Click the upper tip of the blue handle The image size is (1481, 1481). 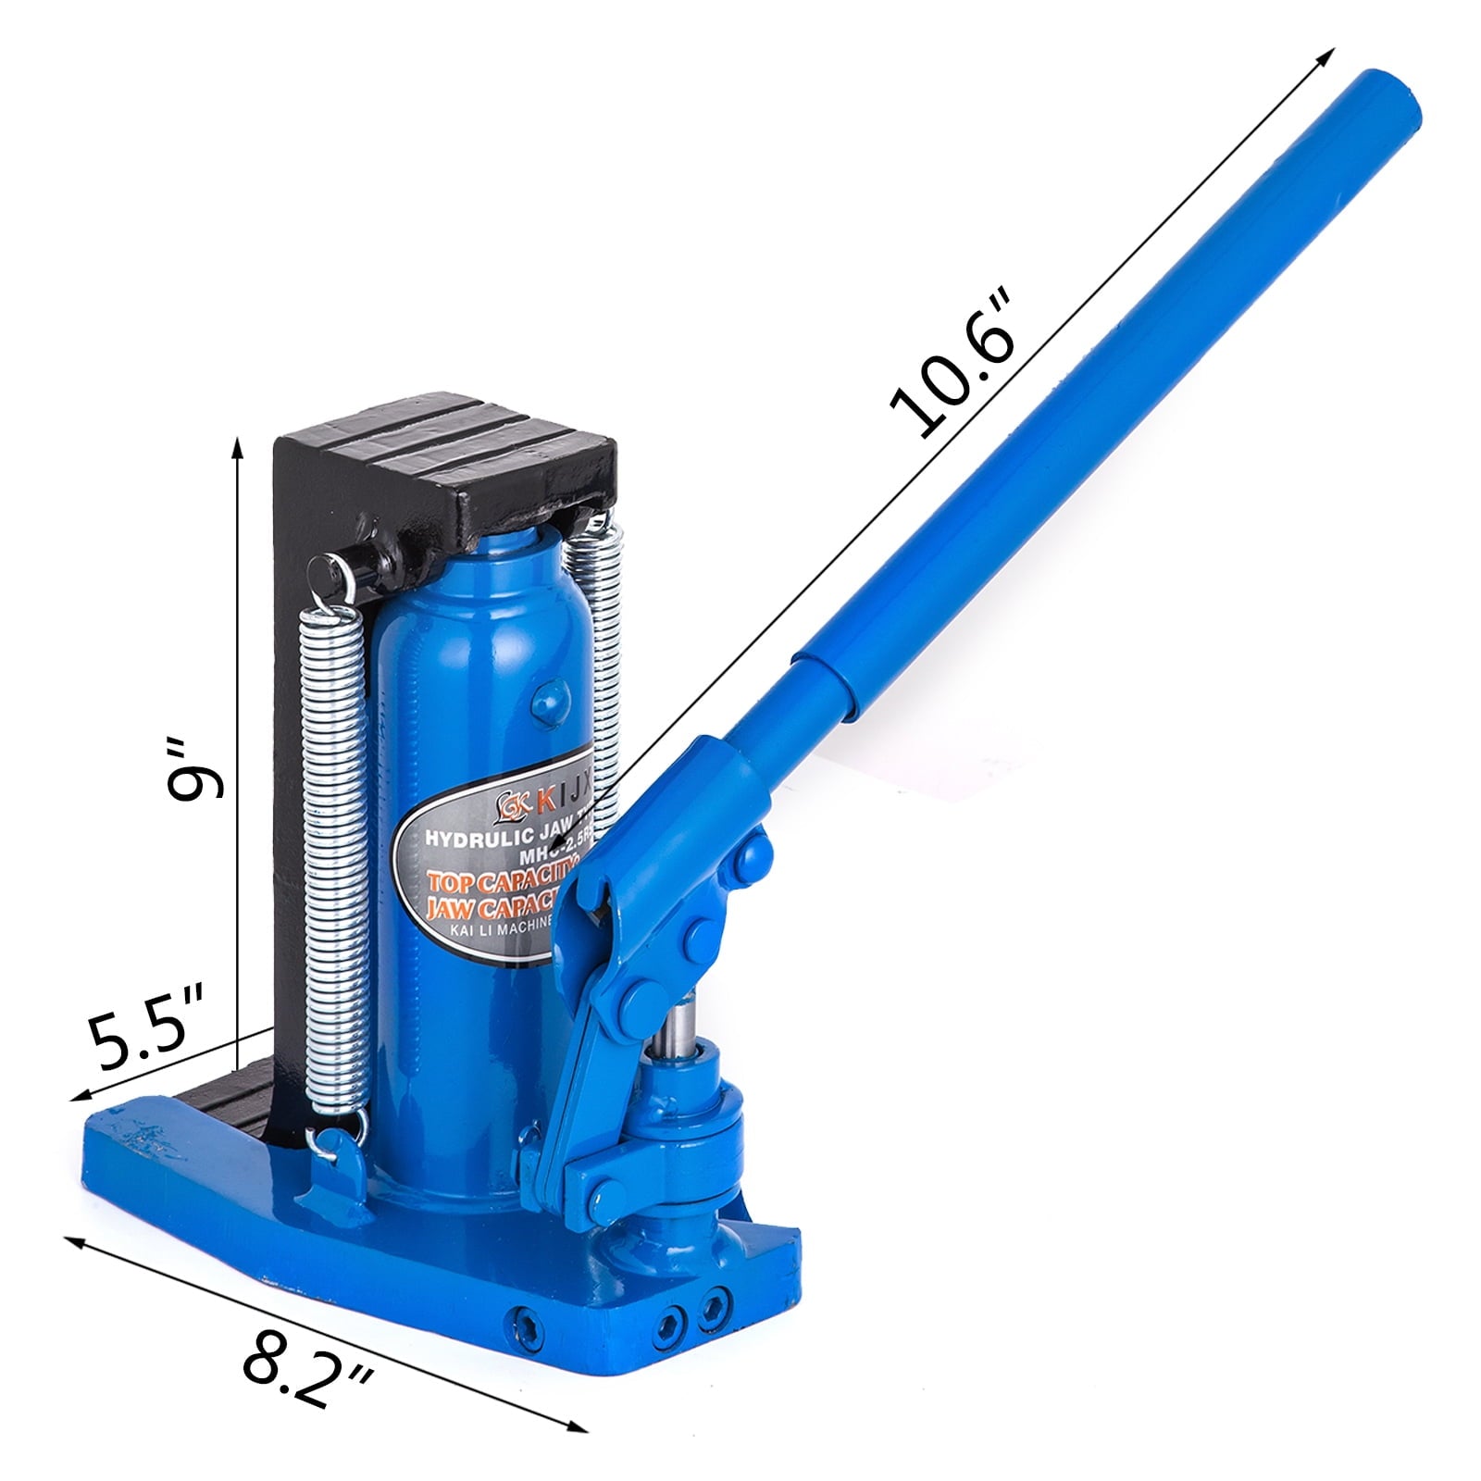1388,102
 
